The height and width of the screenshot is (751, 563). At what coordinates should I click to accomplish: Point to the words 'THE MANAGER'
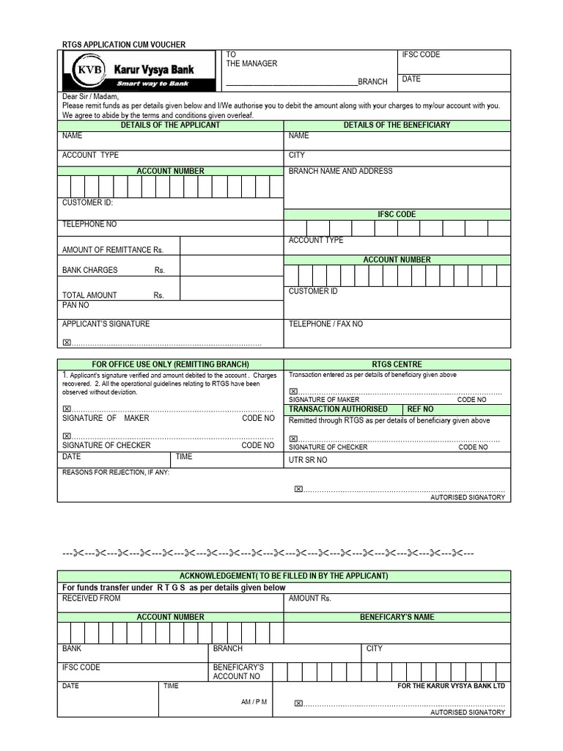pos(251,64)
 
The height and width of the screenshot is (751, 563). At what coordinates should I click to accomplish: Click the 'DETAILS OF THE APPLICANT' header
pos(170,125)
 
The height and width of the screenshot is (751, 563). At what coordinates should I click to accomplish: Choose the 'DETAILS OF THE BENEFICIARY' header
pos(397,125)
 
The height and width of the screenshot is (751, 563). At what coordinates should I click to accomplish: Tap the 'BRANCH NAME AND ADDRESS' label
pos(340,171)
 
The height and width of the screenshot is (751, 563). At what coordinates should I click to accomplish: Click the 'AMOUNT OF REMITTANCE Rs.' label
pos(112,250)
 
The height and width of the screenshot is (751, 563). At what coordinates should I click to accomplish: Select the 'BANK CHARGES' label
pos(89,270)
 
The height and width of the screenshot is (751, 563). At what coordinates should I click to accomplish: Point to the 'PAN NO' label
pos(76,304)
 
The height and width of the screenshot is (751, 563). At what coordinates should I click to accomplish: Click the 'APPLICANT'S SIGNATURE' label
pos(106,323)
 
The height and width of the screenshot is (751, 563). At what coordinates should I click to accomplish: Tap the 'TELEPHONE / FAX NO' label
pos(325,323)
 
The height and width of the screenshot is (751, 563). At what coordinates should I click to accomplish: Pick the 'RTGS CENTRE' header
pos(397,364)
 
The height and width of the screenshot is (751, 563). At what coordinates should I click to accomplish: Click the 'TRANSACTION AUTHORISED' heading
pos(338,409)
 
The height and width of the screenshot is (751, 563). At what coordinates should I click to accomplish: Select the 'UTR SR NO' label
pos(308,460)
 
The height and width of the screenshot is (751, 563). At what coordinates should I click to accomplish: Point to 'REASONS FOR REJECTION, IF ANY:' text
pos(116,472)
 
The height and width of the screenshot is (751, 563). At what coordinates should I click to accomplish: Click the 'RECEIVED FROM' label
pos(91,598)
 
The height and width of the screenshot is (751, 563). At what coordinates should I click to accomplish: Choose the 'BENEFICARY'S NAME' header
pos(397,618)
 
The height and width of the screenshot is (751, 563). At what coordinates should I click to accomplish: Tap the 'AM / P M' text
pos(254,702)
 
